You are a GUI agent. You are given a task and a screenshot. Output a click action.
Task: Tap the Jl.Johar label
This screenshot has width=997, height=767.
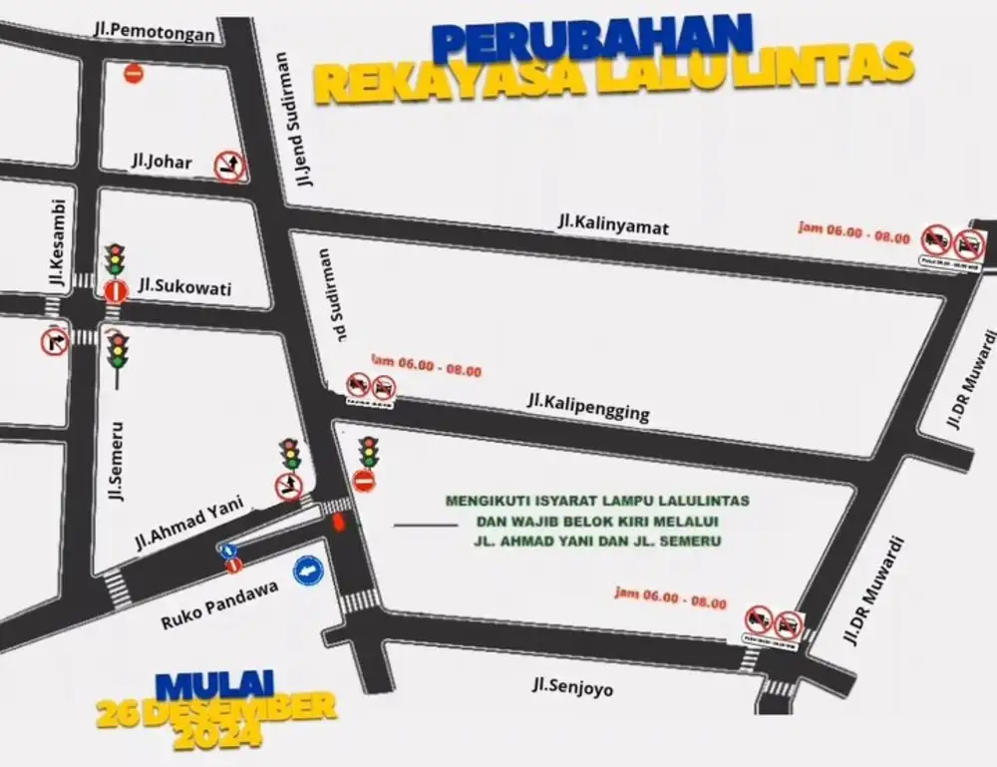tap(161, 163)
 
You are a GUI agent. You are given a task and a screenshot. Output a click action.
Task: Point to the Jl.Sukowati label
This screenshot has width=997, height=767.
tap(185, 288)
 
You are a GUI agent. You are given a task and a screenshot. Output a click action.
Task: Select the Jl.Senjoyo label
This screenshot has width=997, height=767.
tap(572, 687)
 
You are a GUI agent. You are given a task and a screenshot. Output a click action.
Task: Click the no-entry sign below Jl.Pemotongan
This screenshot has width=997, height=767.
tap(133, 73)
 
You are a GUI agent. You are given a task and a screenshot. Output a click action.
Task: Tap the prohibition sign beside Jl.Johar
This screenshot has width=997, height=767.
tap(230, 165)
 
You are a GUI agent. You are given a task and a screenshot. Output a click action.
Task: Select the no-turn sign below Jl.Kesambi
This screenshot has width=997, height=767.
tap(54, 340)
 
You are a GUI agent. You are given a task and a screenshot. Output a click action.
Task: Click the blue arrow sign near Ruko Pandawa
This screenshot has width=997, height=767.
tap(309, 572)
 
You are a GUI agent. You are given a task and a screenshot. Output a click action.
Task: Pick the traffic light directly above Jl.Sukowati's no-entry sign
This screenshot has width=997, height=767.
tap(116, 260)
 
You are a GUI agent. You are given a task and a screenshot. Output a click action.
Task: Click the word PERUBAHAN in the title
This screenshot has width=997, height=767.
tap(592, 39)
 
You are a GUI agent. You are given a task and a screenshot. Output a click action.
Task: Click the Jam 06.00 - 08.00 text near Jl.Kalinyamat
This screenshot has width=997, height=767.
tap(854, 233)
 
